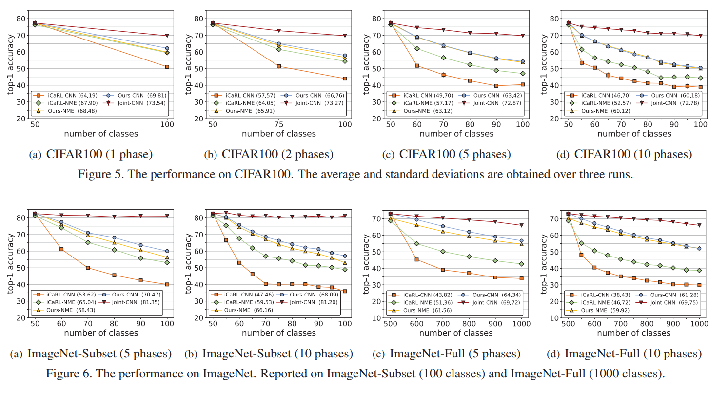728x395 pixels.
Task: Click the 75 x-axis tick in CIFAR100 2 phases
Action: pos(278,125)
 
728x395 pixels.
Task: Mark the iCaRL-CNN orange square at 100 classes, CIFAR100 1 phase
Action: pos(167,67)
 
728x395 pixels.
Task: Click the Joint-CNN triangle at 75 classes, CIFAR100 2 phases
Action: pos(279,31)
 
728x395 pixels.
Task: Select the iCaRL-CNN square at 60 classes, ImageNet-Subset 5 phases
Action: pos(61,249)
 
